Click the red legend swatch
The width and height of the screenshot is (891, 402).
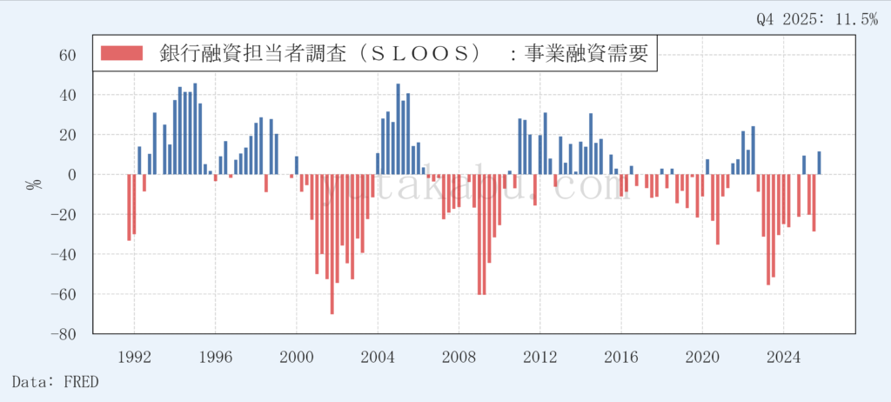click(121, 53)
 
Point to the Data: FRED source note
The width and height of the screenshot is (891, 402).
click(56, 381)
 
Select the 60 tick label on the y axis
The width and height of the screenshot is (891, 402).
click(69, 55)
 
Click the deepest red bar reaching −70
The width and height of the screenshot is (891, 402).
click(332, 244)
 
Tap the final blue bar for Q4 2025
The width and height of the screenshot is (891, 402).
click(819, 164)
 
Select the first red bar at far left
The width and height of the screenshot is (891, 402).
click(129, 207)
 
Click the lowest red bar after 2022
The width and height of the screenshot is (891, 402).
click(768, 229)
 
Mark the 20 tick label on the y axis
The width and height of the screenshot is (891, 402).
click(69, 135)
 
